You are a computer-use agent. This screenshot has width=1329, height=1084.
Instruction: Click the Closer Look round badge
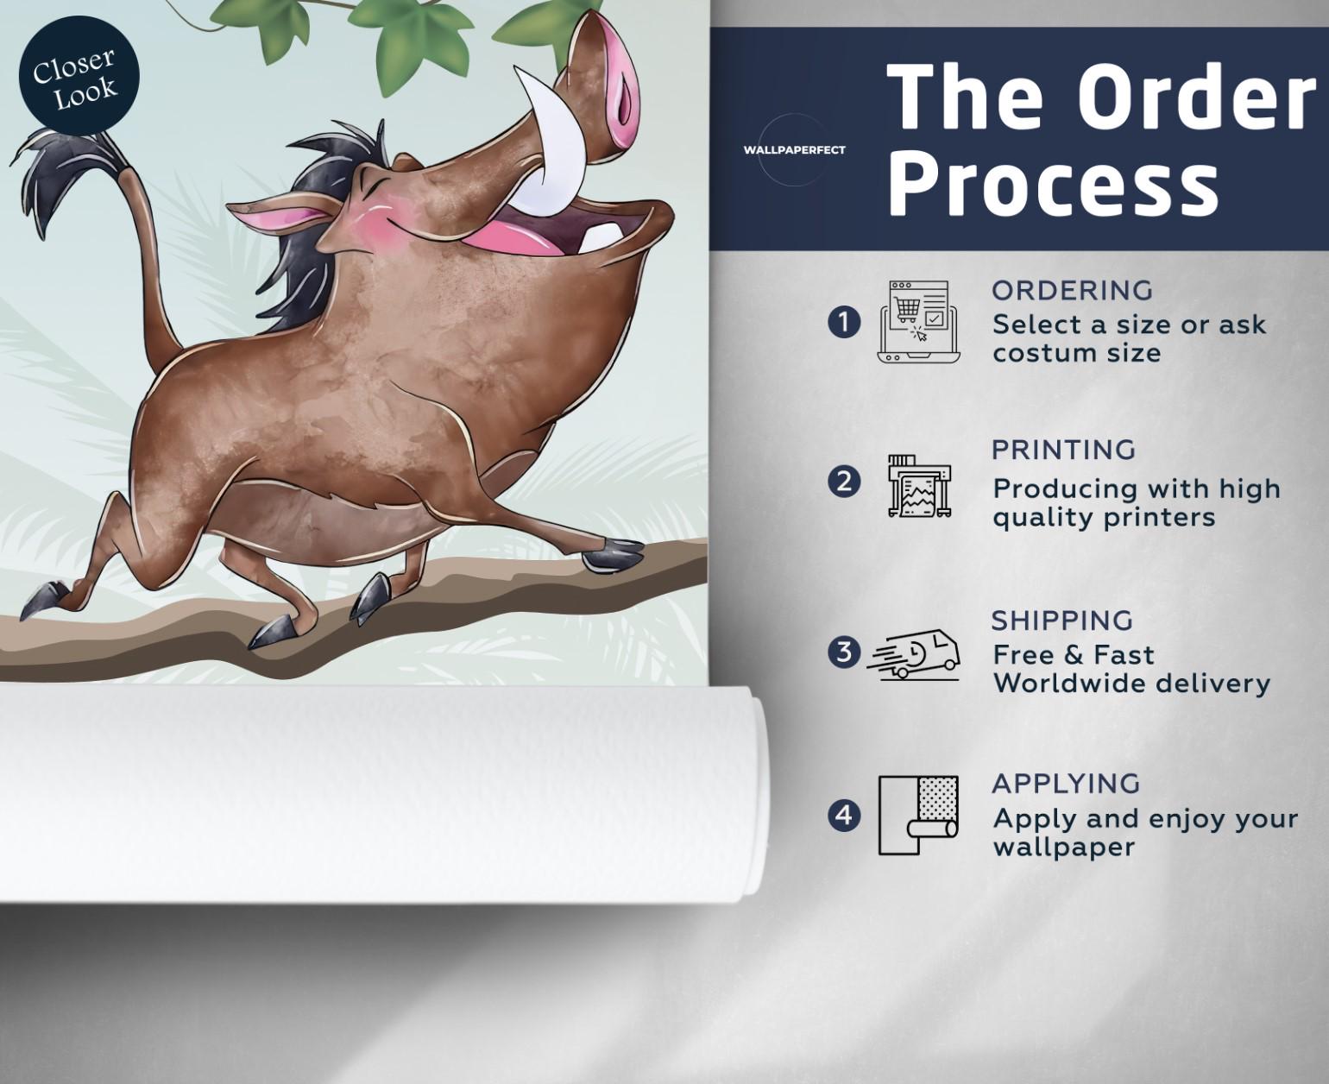click(79, 77)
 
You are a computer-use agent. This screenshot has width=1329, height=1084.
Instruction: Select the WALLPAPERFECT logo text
click(794, 150)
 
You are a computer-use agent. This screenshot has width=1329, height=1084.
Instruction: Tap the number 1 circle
click(844, 323)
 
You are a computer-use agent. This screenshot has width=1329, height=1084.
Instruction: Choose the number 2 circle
click(844, 482)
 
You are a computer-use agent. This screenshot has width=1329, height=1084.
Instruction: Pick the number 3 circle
click(844, 652)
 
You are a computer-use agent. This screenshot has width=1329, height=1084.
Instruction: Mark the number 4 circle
click(844, 816)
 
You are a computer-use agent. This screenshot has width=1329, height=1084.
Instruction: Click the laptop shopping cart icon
click(919, 321)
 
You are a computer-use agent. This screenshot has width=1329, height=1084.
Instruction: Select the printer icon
click(919, 486)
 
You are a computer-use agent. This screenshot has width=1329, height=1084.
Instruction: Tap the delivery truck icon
click(913, 654)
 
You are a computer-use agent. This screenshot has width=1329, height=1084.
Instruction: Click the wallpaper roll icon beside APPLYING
click(918, 816)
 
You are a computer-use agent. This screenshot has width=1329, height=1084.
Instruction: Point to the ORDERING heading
click(1073, 291)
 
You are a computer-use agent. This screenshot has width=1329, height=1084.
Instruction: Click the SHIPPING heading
click(1062, 621)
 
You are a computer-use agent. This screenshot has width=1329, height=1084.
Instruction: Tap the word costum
click(1035, 354)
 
